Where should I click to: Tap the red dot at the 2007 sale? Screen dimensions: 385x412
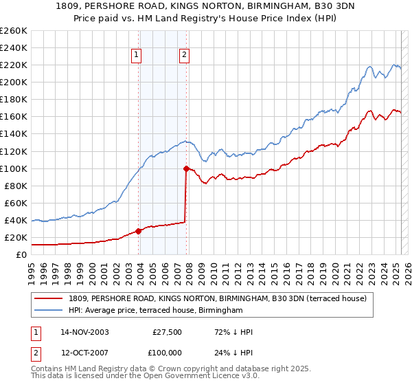click(186, 168)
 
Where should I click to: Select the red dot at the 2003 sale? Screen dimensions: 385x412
click(139, 231)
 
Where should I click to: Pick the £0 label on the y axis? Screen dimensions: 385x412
click(21, 255)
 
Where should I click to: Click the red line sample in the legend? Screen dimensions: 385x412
click(49, 299)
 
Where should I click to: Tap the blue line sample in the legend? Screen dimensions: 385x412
click(49, 311)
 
